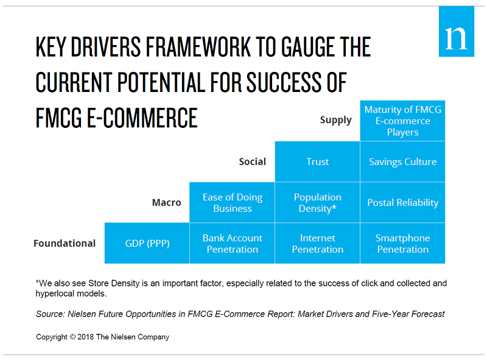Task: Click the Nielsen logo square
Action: (x=456, y=32)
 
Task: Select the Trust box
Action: (x=317, y=161)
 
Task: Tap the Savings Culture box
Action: (x=402, y=161)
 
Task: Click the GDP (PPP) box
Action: (x=147, y=243)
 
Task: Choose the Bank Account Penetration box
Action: (x=233, y=243)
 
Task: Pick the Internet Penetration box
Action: (x=317, y=243)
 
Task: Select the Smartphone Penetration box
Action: (x=402, y=243)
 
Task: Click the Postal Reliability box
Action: (x=402, y=202)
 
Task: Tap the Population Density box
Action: (x=317, y=202)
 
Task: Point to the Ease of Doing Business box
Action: (x=233, y=202)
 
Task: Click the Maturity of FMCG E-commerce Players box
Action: (x=402, y=121)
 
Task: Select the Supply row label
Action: (x=336, y=121)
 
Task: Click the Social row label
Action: (x=253, y=161)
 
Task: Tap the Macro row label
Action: (x=166, y=203)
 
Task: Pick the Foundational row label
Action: (x=65, y=243)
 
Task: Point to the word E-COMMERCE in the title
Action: (x=142, y=118)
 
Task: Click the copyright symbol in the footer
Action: (x=72, y=337)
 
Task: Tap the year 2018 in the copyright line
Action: (x=85, y=337)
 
